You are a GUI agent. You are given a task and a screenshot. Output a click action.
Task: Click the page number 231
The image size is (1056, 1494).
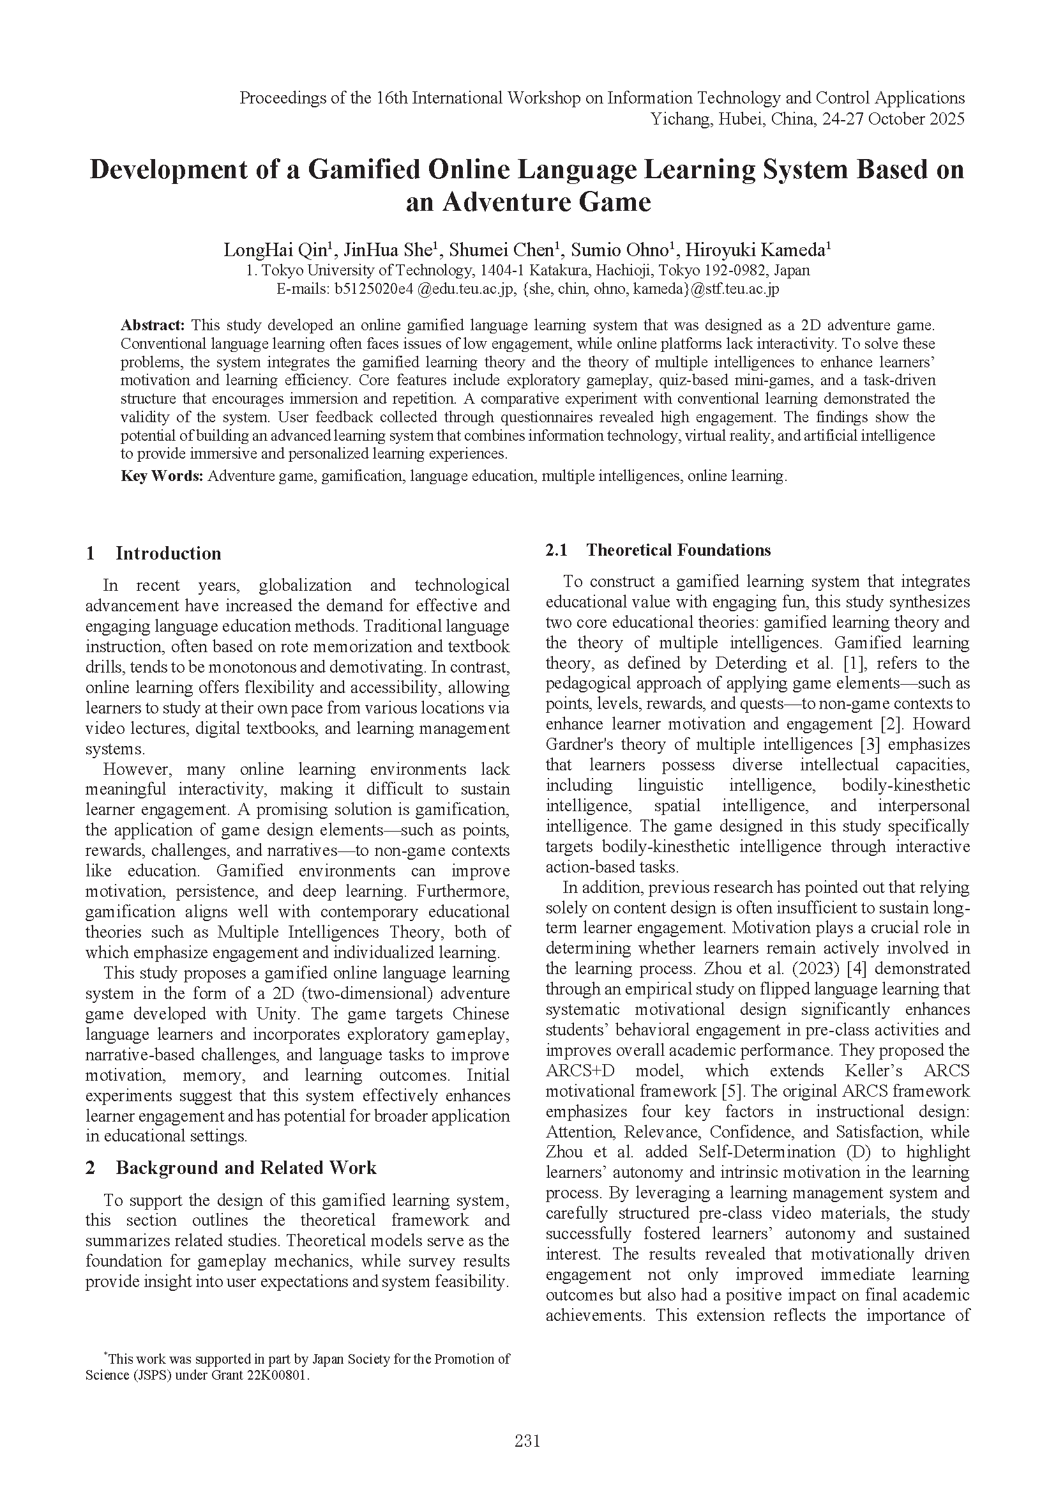point(527,1441)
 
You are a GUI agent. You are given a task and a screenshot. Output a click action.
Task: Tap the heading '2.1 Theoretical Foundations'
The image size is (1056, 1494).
point(658,550)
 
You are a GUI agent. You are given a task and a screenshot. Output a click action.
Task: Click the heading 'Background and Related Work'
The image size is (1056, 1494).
point(246,1168)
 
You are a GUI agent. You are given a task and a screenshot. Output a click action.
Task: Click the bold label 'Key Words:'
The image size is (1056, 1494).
point(162,476)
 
